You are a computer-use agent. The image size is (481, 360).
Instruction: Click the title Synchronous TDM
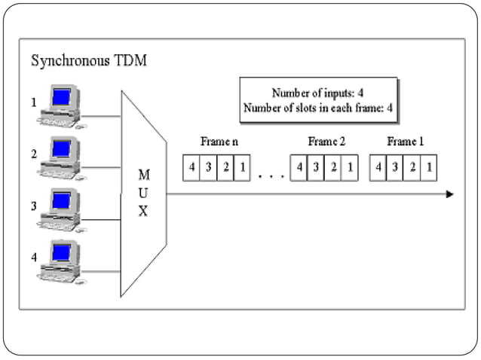(88, 61)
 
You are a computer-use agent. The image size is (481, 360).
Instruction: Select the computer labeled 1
(62, 106)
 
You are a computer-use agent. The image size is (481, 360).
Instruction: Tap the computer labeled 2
(62, 157)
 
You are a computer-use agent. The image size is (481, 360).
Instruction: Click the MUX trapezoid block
(143, 194)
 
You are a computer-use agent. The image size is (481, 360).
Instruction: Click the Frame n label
(219, 142)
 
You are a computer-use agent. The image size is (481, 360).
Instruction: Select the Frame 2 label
(326, 142)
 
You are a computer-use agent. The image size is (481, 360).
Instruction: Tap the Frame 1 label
(405, 142)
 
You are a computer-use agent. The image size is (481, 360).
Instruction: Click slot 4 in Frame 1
(378, 167)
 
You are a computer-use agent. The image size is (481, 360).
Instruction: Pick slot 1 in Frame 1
(428, 167)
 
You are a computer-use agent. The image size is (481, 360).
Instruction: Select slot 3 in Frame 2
(316, 167)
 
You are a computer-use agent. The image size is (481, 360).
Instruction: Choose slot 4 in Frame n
(191, 167)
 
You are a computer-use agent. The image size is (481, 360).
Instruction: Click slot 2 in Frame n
(225, 167)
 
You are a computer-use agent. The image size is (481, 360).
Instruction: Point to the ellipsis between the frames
(270, 176)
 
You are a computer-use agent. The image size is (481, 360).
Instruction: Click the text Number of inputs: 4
(317, 93)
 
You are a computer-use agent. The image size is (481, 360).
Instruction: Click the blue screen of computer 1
(62, 97)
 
